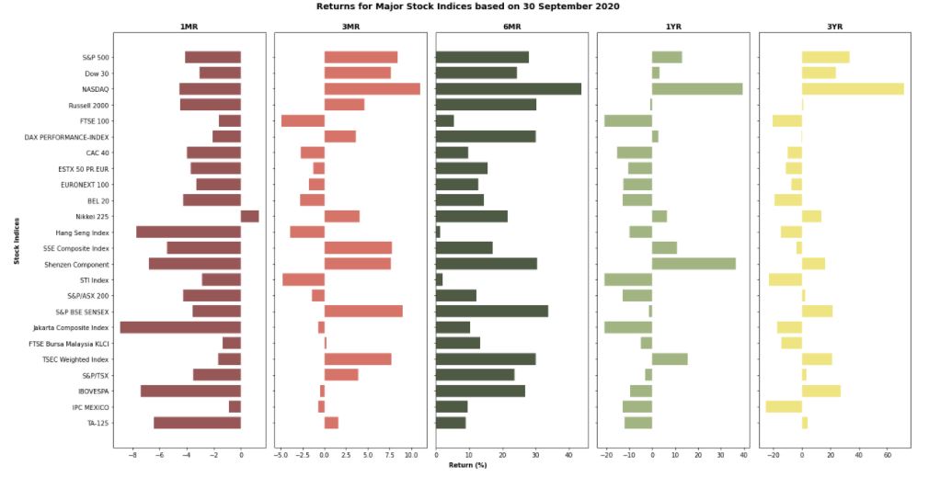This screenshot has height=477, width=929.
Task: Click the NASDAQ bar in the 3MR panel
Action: click(372, 89)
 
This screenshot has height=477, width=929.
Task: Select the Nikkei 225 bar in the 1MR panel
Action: click(249, 216)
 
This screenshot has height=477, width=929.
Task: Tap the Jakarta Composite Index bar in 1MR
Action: click(180, 327)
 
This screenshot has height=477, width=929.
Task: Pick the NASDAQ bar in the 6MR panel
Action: click(508, 89)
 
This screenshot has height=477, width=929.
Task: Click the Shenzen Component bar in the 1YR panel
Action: click(694, 264)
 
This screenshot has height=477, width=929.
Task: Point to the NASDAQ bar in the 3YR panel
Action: click(853, 89)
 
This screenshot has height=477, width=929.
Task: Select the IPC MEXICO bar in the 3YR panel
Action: click(784, 406)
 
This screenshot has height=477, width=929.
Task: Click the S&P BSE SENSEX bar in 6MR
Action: click(491, 312)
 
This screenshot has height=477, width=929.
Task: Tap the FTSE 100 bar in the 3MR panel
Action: click(303, 120)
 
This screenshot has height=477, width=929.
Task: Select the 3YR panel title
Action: click(834, 27)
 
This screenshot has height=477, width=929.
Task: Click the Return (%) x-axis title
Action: click(467, 466)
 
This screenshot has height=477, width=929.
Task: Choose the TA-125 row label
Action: click(97, 423)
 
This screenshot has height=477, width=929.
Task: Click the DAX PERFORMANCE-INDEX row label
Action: click(67, 137)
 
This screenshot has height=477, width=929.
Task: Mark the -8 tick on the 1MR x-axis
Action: click(132, 454)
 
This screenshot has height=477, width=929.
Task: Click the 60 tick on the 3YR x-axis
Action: click(888, 454)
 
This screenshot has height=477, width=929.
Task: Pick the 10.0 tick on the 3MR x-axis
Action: click(410, 454)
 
